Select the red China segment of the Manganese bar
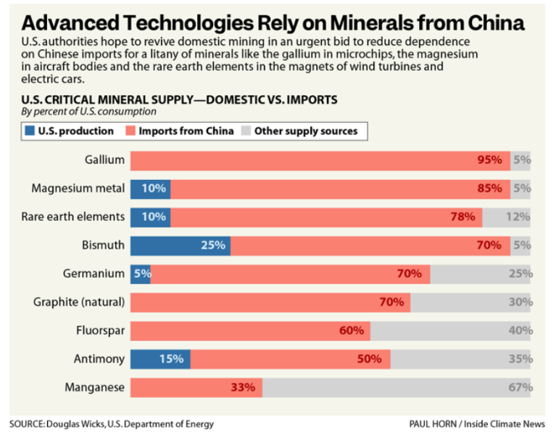[x=196, y=388]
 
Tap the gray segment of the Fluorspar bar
[x=450, y=331]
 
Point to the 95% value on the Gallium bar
[x=489, y=160]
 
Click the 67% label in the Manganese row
[x=520, y=388]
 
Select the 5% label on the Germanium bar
[x=141, y=274]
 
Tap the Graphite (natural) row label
[x=80, y=302]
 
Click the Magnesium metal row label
[x=78, y=189]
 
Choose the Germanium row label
[x=94, y=274]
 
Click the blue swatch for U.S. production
[x=30, y=131]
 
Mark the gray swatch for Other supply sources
[x=245, y=131]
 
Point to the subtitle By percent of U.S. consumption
[x=88, y=112]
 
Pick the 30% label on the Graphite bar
[x=520, y=302]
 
